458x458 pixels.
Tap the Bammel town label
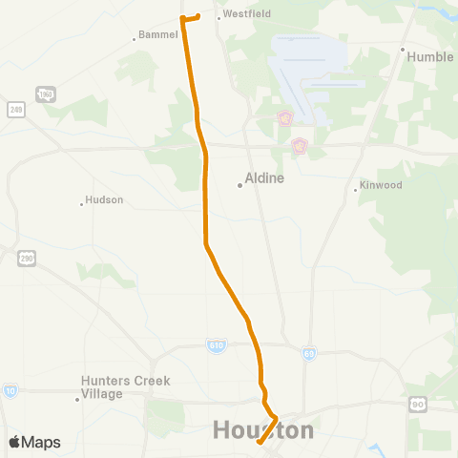click(158, 34)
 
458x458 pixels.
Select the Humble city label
click(430, 56)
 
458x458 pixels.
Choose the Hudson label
click(105, 200)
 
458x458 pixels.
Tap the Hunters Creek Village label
click(125, 386)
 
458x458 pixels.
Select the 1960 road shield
click(44, 93)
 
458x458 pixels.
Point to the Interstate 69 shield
click(308, 354)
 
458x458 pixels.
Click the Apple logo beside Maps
click(15, 443)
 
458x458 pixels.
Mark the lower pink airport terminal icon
click(299, 148)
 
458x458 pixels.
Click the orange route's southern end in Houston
click(259, 442)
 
